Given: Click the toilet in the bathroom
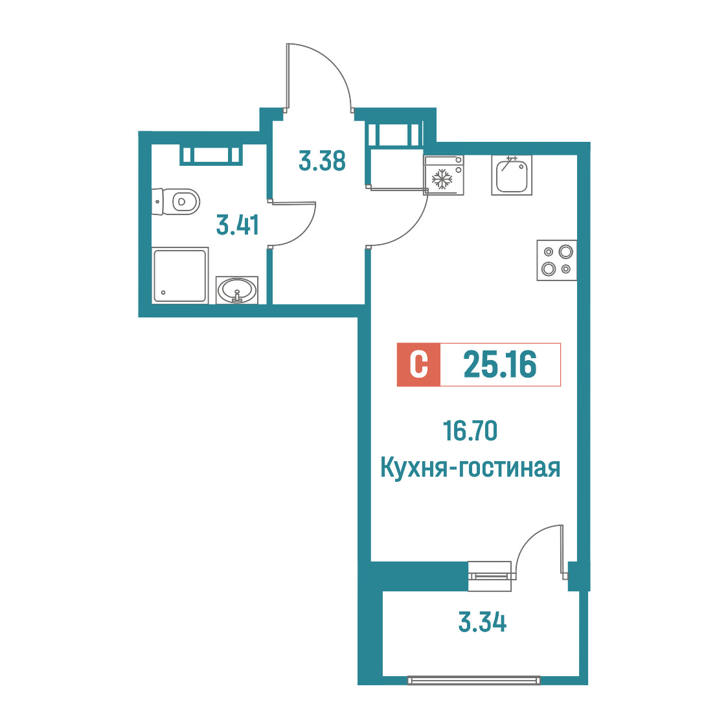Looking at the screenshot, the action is pos(176,201).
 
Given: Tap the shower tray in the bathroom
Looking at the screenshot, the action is pos(179,276).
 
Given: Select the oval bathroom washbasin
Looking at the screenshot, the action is pos(237,290).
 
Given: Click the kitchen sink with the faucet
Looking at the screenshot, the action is pos(512,175).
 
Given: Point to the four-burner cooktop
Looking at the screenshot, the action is pos(556,260).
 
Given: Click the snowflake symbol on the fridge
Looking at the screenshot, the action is pos(442,179).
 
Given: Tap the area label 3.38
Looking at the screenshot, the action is pos(322,161).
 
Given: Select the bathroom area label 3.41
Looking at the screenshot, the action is pos(238,225).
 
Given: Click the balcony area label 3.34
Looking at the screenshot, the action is pos(483,622).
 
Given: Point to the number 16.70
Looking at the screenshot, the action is pos(470,431).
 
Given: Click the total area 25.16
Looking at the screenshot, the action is pos(500,364).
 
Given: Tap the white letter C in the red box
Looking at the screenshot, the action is pos(419,365).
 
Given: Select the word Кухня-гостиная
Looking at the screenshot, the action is pos(470,467).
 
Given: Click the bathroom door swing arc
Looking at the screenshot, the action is pos(304,233).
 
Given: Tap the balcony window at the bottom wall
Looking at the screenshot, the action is pos(474,680).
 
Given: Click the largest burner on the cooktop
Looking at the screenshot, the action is pos(566,252).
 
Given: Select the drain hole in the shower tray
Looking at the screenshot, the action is pos(163,293).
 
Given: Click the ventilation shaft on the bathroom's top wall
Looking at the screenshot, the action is pos(211,155).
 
